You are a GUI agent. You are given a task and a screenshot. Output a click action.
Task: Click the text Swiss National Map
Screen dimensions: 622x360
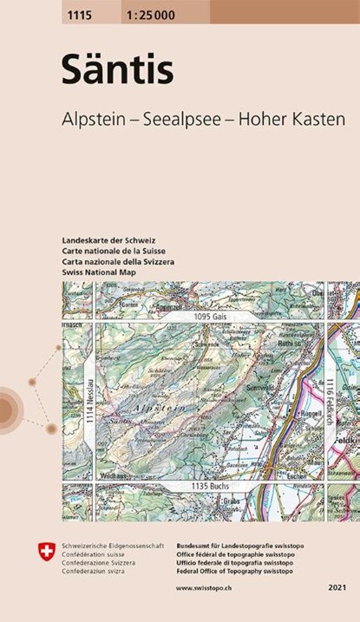(100, 272)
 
